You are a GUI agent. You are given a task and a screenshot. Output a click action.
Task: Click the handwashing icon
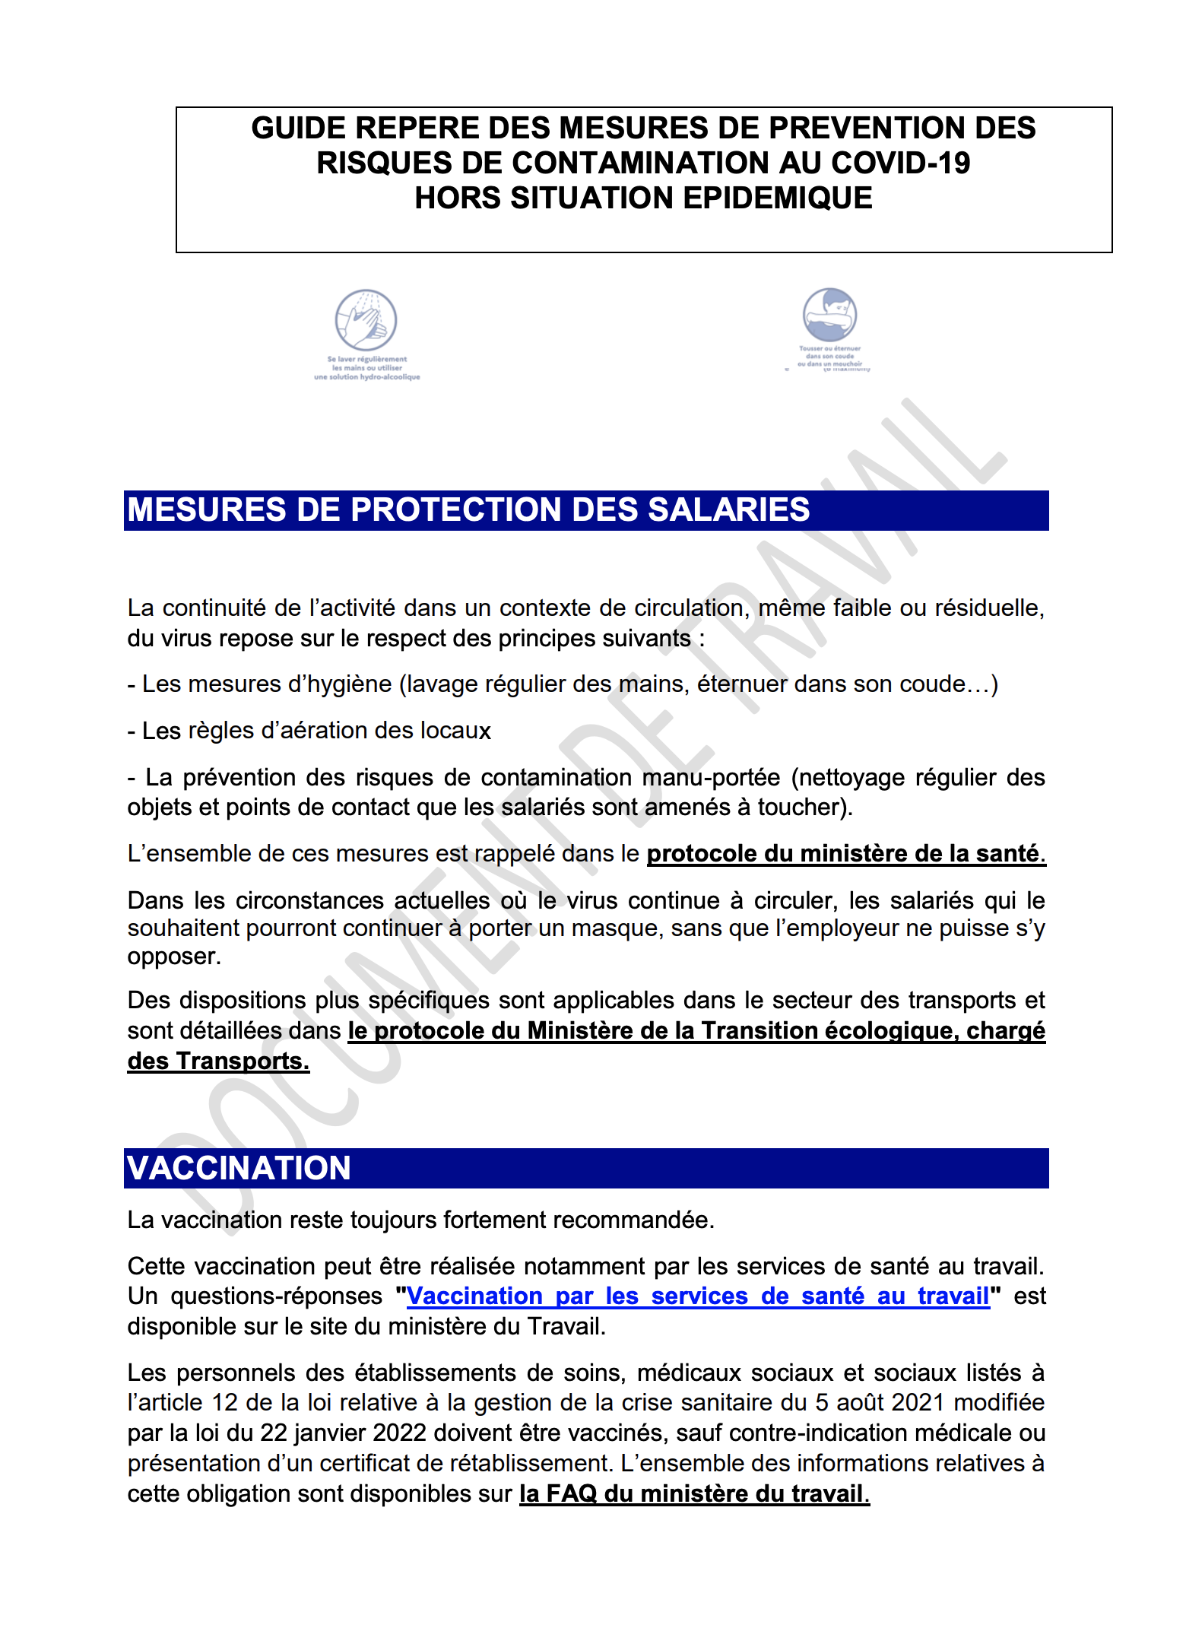point(366,320)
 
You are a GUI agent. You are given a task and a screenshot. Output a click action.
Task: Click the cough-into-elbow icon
point(829,315)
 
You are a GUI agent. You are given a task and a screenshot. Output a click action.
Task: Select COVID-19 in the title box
point(900,163)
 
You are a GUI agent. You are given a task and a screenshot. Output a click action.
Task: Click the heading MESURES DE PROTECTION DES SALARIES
point(468,510)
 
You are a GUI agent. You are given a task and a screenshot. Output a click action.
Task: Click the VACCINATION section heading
point(239,1169)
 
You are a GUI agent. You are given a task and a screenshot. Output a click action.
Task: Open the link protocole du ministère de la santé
point(845,854)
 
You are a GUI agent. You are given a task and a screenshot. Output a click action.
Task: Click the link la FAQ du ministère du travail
point(694,1494)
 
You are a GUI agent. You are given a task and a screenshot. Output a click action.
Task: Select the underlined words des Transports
point(218,1062)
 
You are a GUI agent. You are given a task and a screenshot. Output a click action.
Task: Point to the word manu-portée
point(711,778)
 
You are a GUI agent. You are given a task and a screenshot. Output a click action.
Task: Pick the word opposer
point(173,957)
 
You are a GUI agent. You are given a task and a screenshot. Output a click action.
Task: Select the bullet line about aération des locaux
point(309,731)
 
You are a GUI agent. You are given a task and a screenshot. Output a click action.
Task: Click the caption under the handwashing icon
point(367,368)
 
